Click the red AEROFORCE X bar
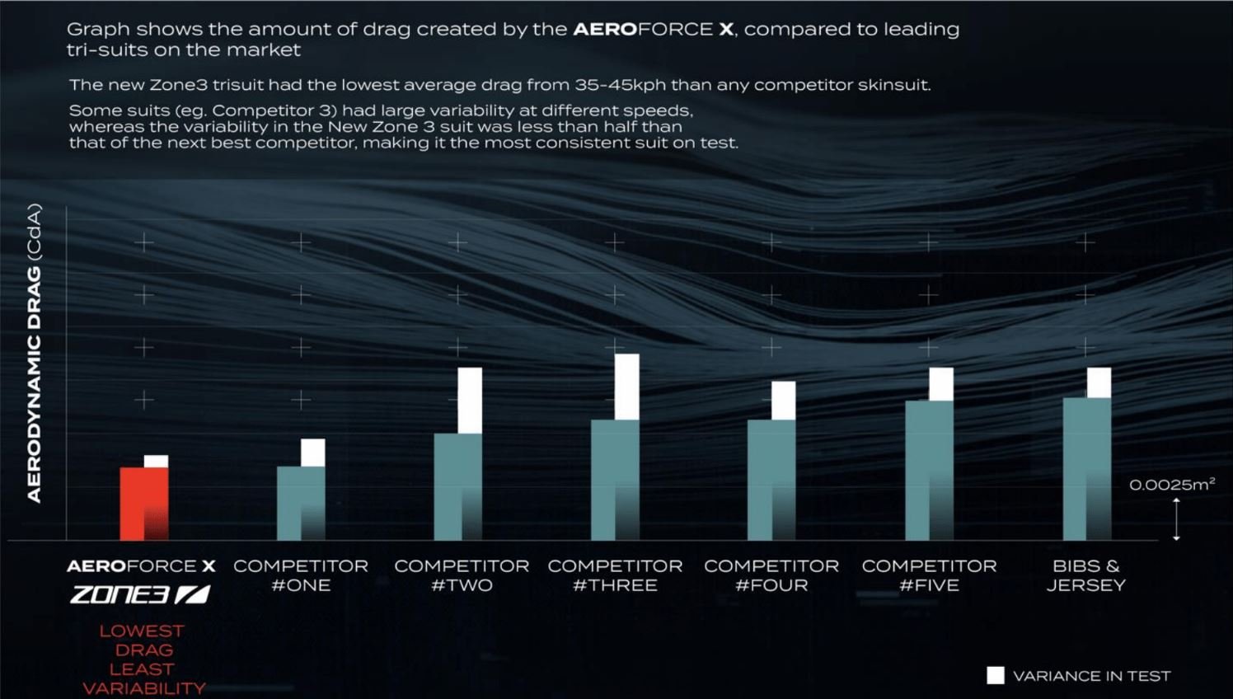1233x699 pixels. click(144, 504)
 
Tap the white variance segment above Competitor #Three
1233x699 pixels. click(626, 387)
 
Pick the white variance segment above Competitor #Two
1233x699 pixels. click(470, 400)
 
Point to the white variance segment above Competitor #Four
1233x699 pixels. click(783, 401)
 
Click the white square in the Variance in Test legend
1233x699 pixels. click(996, 676)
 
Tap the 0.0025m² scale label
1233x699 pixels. click(1171, 485)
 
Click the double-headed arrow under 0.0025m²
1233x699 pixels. click(1176, 519)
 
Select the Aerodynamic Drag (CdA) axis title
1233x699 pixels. click(34, 353)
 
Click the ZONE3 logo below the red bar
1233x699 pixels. click(140, 594)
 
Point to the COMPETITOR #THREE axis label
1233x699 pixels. click(615, 575)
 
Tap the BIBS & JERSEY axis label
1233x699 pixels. click(1085, 575)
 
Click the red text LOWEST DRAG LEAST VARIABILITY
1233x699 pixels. click(143, 659)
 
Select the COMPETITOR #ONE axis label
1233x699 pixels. click(301, 575)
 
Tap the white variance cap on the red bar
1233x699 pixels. click(156, 462)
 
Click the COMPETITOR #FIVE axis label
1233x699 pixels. click(929, 575)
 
